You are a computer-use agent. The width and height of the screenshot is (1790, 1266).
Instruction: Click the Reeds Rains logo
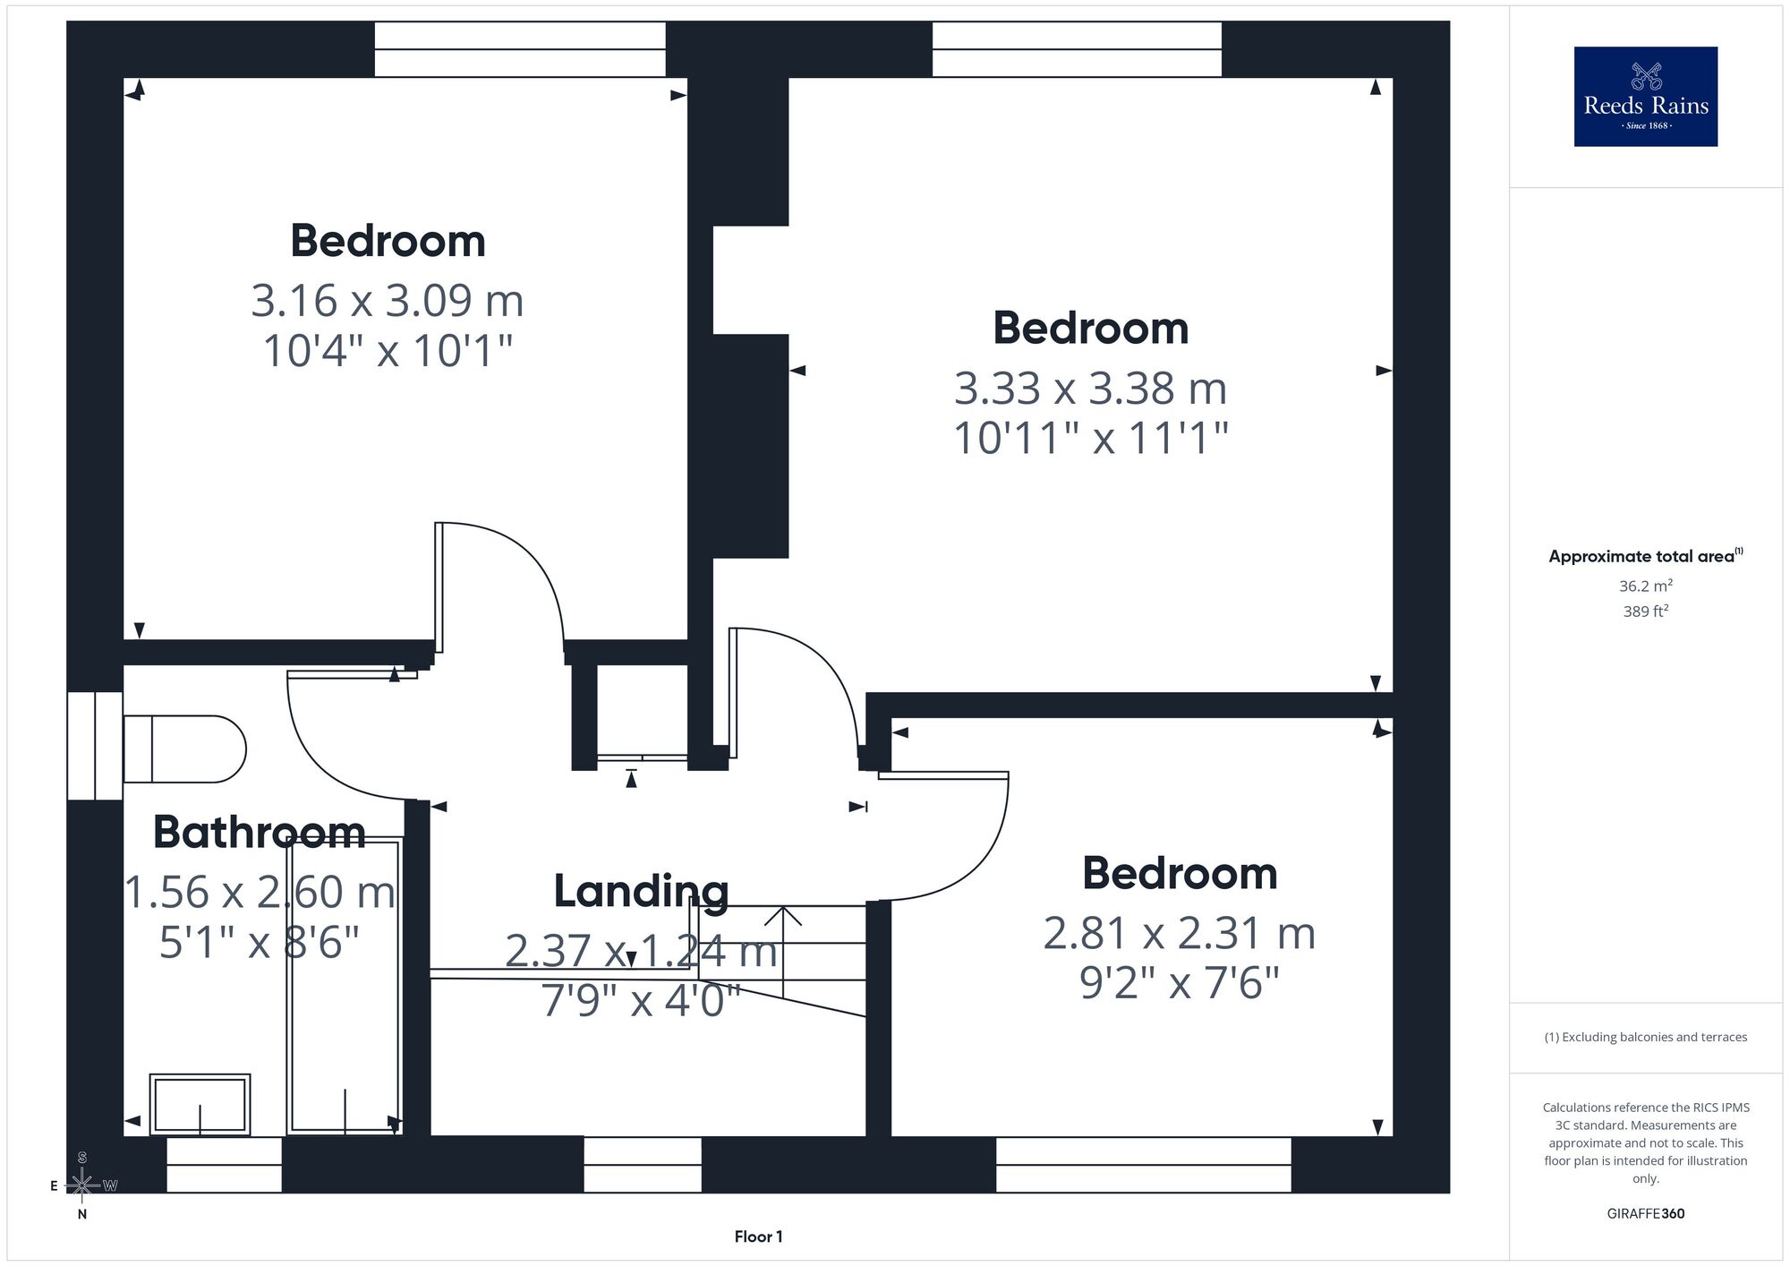pos(1646,97)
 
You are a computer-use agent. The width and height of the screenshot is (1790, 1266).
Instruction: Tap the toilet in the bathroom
pos(184,748)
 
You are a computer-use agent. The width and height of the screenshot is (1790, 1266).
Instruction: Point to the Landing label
pos(641,891)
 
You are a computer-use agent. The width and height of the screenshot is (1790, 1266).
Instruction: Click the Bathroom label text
pos(260,832)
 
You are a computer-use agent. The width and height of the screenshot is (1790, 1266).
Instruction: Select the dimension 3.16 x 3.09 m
pos(388,300)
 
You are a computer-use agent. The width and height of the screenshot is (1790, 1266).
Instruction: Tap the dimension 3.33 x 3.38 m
pos(1090,388)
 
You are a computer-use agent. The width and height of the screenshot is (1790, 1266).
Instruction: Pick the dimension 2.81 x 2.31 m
pos(1180,933)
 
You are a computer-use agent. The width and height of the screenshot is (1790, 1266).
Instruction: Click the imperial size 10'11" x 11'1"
pos(1090,438)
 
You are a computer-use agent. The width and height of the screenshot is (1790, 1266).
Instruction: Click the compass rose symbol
pos(82,1185)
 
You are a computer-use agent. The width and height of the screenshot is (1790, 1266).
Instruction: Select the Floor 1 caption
pos(758,1236)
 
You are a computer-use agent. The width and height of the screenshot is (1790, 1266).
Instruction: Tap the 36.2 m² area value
pos(1646,586)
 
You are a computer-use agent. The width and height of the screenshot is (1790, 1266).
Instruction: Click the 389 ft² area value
pos(1646,612)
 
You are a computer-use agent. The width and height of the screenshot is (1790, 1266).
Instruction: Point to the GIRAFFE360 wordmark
pos(1646,1214)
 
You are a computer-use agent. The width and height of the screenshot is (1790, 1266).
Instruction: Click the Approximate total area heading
pos(1646,555)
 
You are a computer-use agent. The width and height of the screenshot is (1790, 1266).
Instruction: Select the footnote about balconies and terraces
pos(1646,1037)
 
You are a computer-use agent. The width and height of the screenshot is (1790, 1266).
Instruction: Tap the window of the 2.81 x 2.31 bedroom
pos(1144,1165)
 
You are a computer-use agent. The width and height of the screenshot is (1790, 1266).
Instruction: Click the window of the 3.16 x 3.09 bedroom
pos(520,50)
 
